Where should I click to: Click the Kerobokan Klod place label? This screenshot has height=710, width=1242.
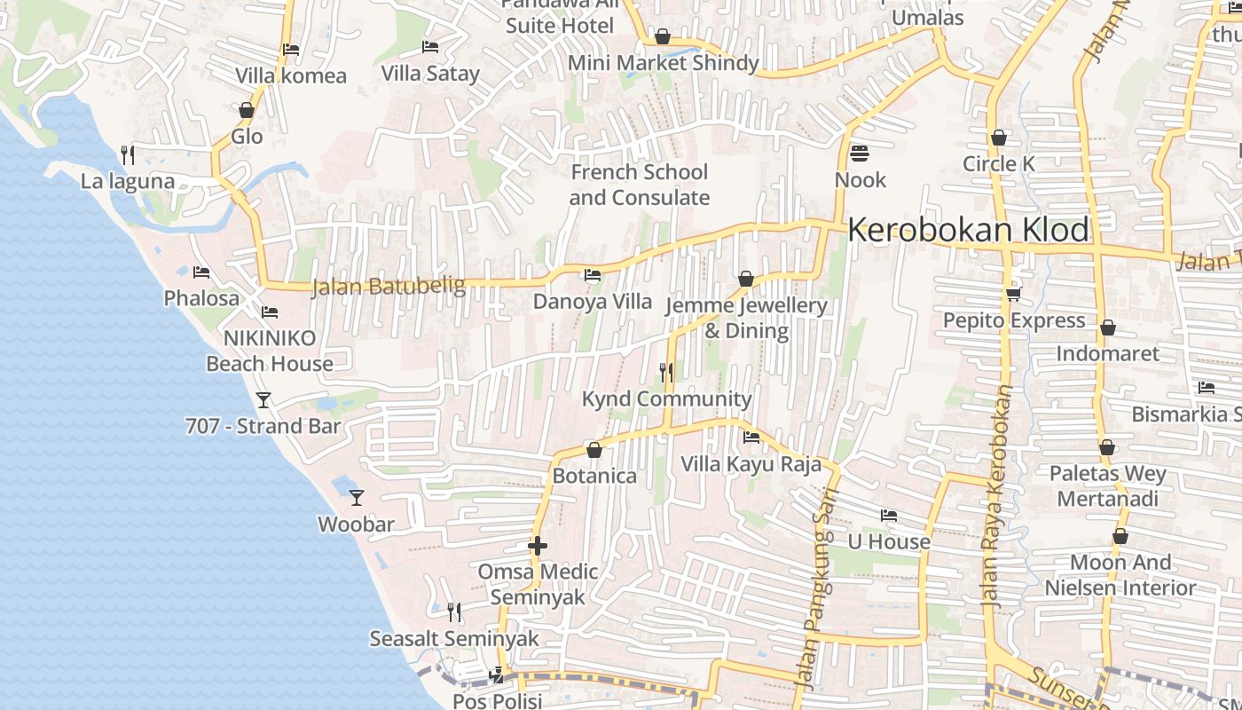pos(968,230)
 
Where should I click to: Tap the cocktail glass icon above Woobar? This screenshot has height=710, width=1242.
pos(357,498)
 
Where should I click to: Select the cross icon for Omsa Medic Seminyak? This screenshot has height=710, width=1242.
pos(538,546)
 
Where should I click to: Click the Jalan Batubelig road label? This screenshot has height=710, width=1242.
pos(389,286)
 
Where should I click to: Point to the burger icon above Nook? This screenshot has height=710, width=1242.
pos(859,154)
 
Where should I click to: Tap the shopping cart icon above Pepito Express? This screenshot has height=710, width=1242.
pos(1013,294)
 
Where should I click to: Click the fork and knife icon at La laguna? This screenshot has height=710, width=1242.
pos(128,155)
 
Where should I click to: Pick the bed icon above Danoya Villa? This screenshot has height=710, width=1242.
pos(593,275)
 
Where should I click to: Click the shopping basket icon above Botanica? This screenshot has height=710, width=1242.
pos(594,450)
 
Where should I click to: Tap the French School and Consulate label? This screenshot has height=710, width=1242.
pos(639,185)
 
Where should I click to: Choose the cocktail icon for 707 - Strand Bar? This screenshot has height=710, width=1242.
pos(263,400)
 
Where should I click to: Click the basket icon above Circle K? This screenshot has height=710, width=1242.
pos(999,138)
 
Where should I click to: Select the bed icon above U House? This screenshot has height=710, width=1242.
pos(889,516)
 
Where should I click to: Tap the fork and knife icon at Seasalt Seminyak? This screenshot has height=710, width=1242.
pos(453,611)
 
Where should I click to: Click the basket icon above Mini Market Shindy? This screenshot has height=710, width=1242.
pos(663,36)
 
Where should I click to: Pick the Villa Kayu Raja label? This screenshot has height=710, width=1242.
pos(751,463)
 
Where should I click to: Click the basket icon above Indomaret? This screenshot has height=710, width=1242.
pos(1107,327)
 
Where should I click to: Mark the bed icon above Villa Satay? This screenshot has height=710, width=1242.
pos(430,47)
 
